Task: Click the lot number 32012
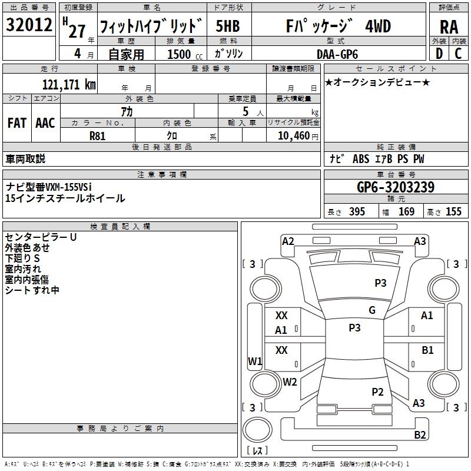coord(29,26)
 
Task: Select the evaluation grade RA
coord(449,28)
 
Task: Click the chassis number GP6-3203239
coord(396,188)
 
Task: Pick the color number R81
coord(97,135)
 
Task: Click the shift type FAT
coord(16,123)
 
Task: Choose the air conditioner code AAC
coord(45,123)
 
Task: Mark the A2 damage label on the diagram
coord(288,241)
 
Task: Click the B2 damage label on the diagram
coord(420,435)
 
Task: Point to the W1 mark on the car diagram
coord(254,361)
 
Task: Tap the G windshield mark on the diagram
coord(372,310)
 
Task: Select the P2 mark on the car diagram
coord(377,392)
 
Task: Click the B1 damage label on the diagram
coord(427,350)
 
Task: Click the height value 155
coord(453,212)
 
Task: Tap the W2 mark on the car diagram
coord(290,382)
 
